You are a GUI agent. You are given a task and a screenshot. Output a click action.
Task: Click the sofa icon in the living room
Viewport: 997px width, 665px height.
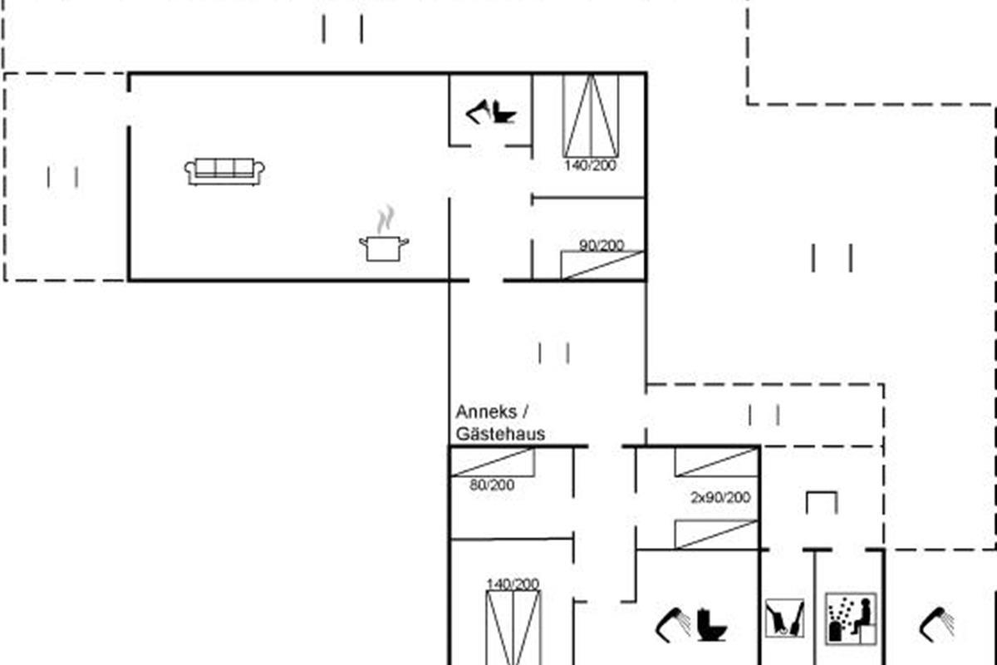224,171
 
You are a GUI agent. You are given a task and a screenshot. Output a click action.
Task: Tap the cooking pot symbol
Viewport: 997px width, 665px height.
384,249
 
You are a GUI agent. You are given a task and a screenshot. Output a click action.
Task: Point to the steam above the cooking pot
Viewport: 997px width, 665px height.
386,219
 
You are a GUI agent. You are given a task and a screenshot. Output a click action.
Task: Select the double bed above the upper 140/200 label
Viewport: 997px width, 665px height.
591,116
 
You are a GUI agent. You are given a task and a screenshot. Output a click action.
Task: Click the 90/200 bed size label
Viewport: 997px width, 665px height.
602,245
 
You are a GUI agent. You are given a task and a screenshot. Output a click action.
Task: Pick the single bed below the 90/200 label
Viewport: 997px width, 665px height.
602,265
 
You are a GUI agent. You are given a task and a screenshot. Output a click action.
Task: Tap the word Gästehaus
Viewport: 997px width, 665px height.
500,434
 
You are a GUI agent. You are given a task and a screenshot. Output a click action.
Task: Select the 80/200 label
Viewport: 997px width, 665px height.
492,485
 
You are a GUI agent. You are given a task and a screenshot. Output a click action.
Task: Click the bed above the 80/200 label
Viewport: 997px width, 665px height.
493,462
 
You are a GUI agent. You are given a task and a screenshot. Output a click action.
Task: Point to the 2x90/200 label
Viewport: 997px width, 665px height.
720,497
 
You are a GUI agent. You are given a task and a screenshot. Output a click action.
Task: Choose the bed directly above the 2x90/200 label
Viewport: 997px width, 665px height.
716,462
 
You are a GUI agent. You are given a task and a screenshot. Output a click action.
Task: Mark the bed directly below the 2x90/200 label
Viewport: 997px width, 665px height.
716,534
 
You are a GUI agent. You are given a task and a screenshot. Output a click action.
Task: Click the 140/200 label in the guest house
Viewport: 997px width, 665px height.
513,584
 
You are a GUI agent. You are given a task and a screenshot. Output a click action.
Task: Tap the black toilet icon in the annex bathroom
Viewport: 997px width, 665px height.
711,624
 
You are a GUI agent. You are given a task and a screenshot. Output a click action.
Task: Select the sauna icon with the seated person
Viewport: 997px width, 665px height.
851,618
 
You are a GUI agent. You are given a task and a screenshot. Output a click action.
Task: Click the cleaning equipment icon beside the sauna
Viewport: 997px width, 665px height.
784,618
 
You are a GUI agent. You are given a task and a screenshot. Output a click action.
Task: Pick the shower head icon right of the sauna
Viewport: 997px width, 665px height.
936,624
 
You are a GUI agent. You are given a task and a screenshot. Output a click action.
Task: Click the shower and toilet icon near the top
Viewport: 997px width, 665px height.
491,111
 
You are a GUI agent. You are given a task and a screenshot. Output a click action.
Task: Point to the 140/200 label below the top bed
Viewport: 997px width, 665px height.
590,165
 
